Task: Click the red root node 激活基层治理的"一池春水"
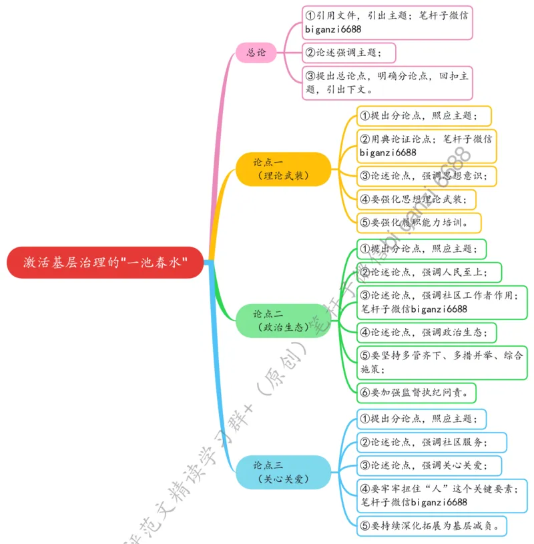click(105, 263)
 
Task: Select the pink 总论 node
click(256, 52)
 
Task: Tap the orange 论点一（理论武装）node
click(283, 169)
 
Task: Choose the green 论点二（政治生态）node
click(283, 321)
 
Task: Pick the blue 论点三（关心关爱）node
click(283, 472)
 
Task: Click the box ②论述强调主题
click(348, 52)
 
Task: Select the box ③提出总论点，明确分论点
click(387, 83)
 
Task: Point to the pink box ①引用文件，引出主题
click(387, 22)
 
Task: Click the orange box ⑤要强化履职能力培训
click(419, 222)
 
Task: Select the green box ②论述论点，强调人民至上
click(429, 272)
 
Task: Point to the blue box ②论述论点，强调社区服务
click(431, 441)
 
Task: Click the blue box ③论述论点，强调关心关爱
click(428, 465)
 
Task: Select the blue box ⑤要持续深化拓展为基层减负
click(432, 525)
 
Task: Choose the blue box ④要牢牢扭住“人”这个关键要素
click(441, 495)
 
